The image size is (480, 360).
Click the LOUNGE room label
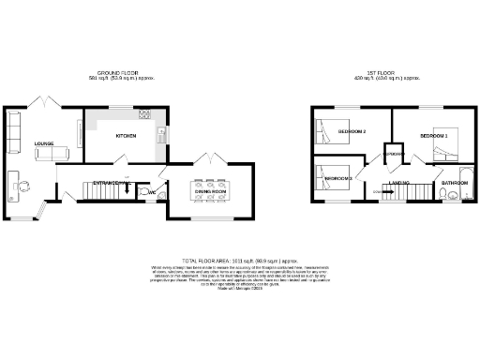44,143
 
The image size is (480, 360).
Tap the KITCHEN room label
127,137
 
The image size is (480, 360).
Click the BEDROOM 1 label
433,137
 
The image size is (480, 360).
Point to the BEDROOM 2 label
352,131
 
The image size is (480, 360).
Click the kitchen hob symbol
145,115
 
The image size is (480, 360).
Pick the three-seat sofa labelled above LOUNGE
13,127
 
